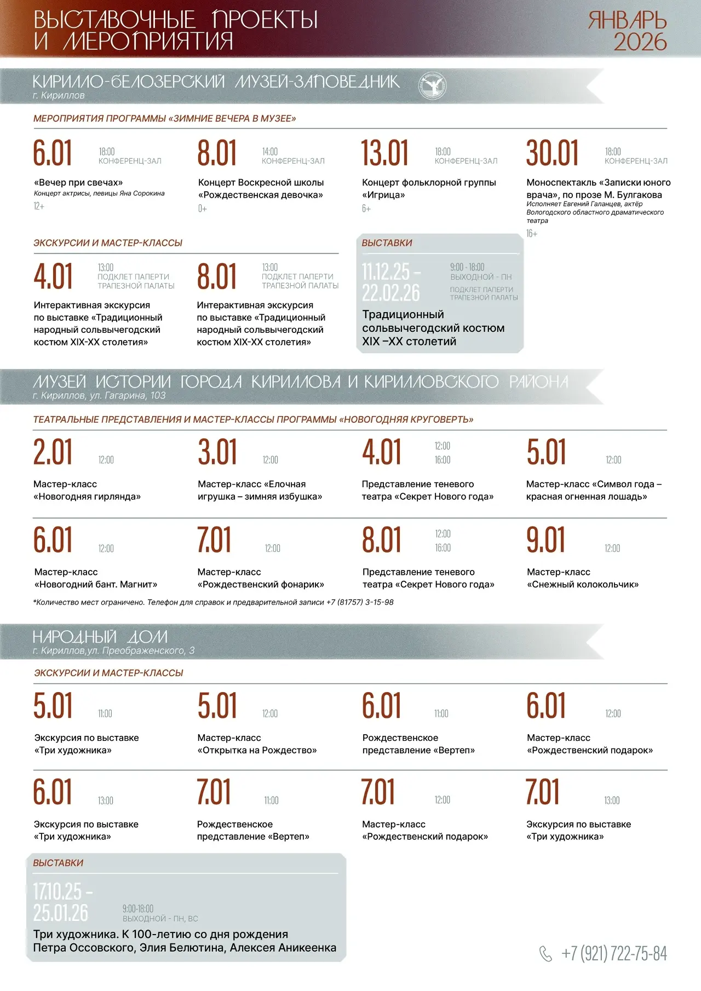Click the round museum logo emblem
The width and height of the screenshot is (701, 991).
coord(433,85)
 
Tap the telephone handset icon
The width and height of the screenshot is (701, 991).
coord(545,954)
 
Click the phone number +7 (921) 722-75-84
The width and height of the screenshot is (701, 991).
coord(614,954)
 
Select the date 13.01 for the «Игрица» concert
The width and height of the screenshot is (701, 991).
coord(384,153)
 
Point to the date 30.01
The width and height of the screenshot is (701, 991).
coord(552,153)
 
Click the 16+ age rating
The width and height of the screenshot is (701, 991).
coord(532,234)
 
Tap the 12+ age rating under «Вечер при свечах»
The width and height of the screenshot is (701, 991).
coord(39,206)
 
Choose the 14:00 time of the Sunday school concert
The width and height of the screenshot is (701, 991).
coord(269,152)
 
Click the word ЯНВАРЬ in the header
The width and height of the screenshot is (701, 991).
coord(628,21)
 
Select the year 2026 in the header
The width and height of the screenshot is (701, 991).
coord(640,43)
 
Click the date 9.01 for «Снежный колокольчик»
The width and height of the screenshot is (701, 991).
coord(545,540)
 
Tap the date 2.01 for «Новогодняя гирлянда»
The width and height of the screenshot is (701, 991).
coord(53,452)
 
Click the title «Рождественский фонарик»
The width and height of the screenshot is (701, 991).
coord(261,584)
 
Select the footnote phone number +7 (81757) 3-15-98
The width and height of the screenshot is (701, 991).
coord(360,602)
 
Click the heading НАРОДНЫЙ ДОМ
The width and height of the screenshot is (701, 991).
coord(100,637)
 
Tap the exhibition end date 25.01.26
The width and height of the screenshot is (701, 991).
coord(60,913)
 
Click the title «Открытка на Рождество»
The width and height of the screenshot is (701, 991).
coord(257,750)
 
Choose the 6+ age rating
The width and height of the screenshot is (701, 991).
coord(366,209)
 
